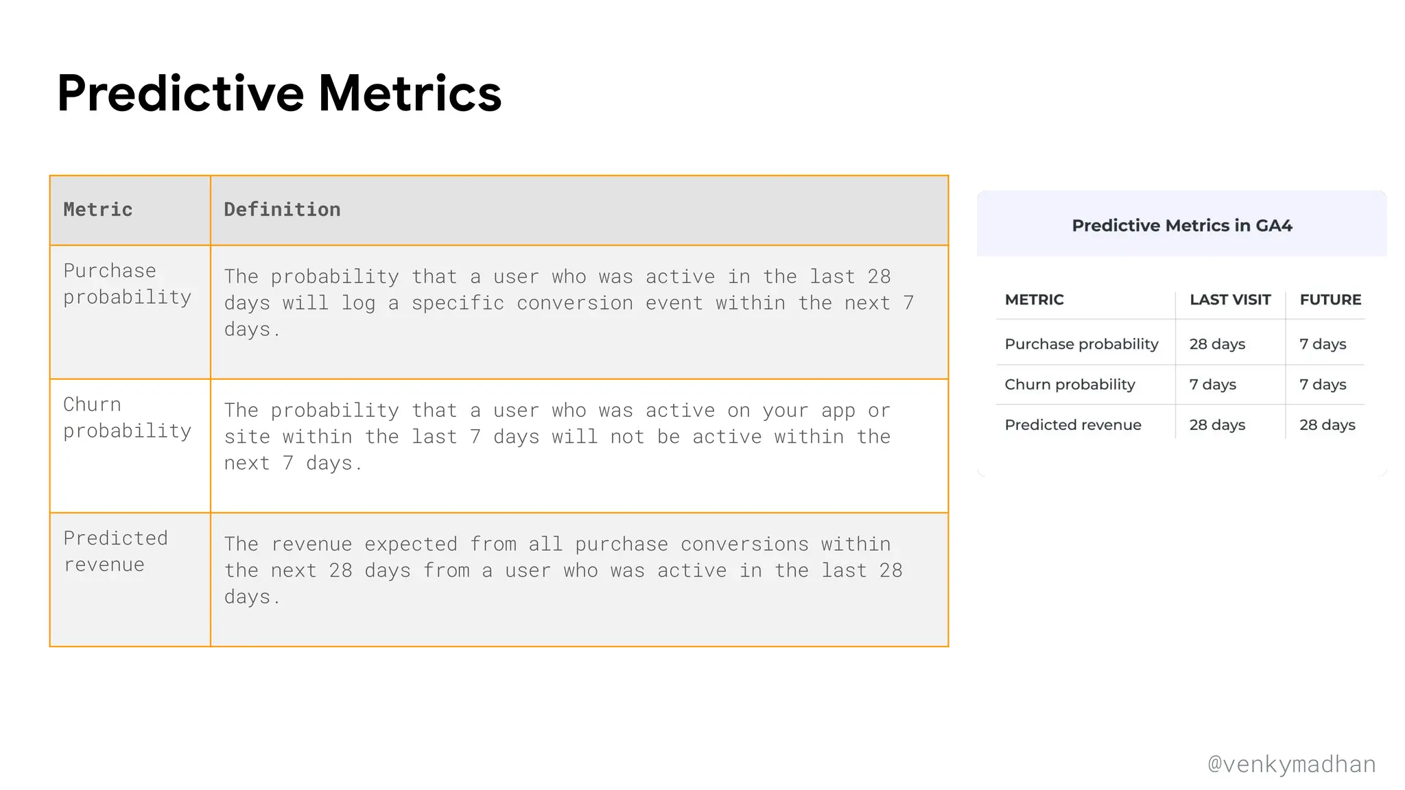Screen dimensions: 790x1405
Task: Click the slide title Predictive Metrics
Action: point(279,93)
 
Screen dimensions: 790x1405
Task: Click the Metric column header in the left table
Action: point(98,210)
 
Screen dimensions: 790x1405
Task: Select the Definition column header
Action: point(282,210)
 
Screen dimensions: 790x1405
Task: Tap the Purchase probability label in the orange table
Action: point(127,284)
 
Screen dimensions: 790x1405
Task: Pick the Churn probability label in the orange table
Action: point(127,418)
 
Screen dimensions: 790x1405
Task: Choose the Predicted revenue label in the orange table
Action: point(115,551)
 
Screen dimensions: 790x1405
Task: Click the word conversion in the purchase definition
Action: point(574,303)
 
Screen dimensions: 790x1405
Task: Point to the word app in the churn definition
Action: point(838,411)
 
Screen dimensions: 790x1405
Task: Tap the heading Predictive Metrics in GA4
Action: point(1181,226)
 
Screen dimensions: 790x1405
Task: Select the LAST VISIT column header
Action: point(1229,300)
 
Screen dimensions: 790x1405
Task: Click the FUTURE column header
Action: point(1330,300)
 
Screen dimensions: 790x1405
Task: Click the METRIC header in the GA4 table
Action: point(1034,300)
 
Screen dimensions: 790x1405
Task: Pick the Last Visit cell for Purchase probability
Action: point(1216,344)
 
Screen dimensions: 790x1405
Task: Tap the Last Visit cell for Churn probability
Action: point(1212,385)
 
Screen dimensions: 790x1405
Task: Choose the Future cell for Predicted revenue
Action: point(1327,425)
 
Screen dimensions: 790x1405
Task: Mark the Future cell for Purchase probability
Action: point(1322,344)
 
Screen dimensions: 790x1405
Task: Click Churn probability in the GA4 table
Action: point(1070,385)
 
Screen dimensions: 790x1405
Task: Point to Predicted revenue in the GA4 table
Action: point(1072,425)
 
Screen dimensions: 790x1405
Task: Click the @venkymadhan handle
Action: point(1291,764)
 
